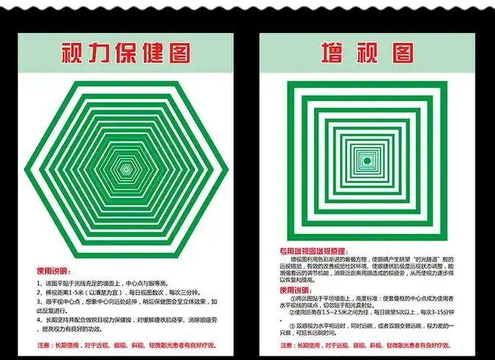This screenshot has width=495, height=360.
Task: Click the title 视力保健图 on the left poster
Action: tap(126, 53)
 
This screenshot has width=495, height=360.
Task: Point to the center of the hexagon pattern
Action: tap(126, 168)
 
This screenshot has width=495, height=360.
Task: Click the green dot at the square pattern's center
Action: tap(367, 159)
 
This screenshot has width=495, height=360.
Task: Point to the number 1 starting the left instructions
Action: tap(39, 284)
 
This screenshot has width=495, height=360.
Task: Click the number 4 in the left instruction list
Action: tap(39, 319)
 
